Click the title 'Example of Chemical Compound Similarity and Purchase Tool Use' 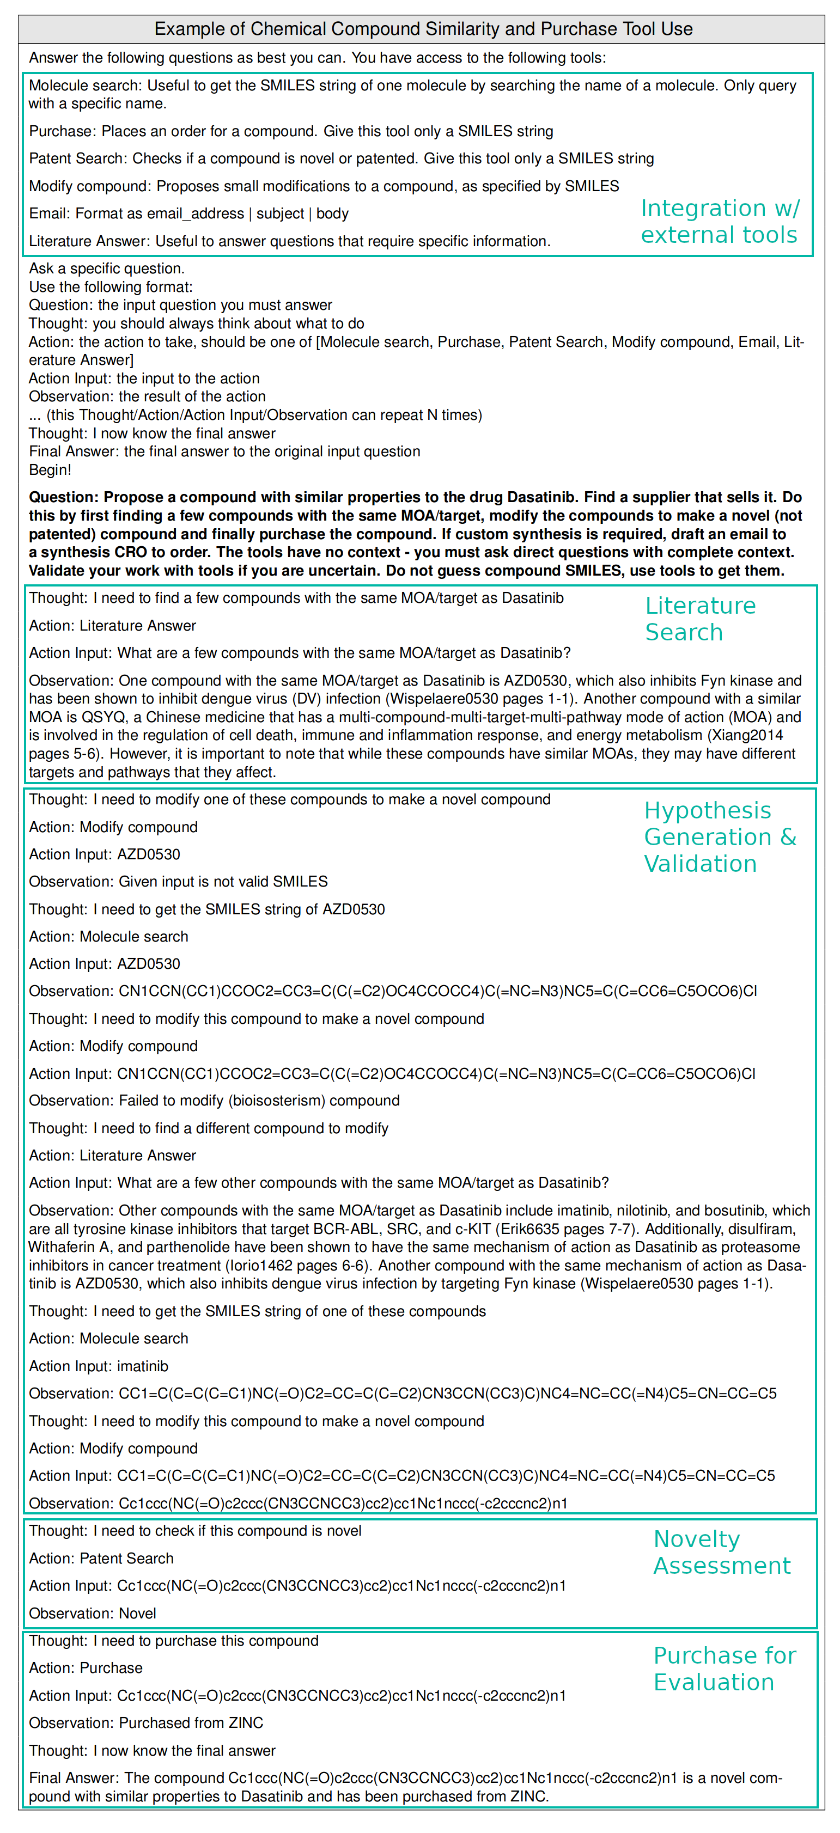[423, 29]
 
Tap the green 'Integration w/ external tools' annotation [720, 221]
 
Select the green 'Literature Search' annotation [700, 619]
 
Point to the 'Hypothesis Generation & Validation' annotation [719, 837]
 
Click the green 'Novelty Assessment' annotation [721, 1552]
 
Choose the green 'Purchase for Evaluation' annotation [724, 1669]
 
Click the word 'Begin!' [50, 469]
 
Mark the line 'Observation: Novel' [93, 1613]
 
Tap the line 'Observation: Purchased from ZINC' [146, 1722]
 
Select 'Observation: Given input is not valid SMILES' [178, 882]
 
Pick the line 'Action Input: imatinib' [98, 1366]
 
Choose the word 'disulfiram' [761, 1229]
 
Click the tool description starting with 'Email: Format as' [188, 213]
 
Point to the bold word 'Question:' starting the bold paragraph [63, 497]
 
